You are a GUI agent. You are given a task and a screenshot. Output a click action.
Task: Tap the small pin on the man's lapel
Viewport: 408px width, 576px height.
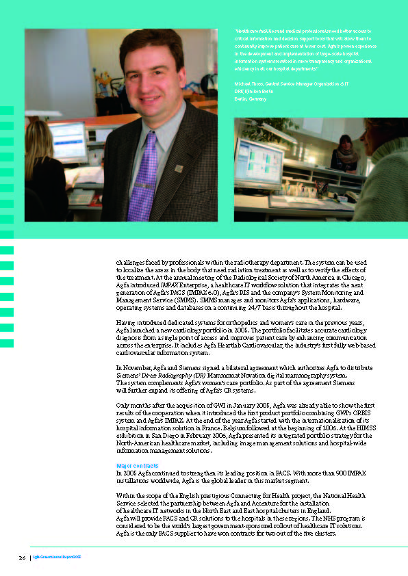click(178, 167)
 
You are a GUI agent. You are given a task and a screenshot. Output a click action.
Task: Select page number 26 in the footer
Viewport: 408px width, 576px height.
click(22, 558)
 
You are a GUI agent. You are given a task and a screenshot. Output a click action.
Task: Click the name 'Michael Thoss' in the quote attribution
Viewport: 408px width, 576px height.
click(251, 83)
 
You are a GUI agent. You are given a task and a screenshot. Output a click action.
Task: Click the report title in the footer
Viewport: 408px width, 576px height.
click(58, 558)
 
